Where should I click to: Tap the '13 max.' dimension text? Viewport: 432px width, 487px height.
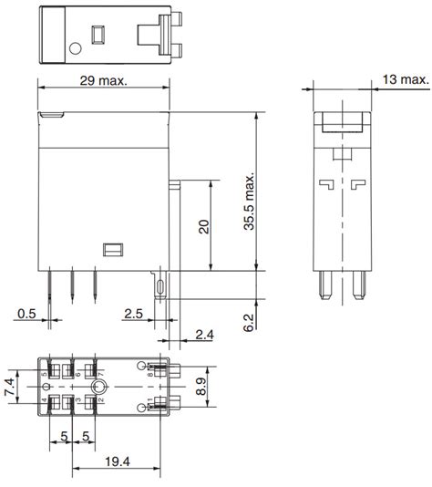pos(402,81)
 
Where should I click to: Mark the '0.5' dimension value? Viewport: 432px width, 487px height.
pos(27,314)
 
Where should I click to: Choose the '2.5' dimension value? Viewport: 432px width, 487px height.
pos(132,314)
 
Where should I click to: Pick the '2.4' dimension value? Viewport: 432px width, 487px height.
pos(206,336)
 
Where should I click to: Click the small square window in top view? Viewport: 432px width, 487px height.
pos(96,36)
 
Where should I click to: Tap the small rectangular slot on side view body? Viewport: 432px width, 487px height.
pos(114,248)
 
